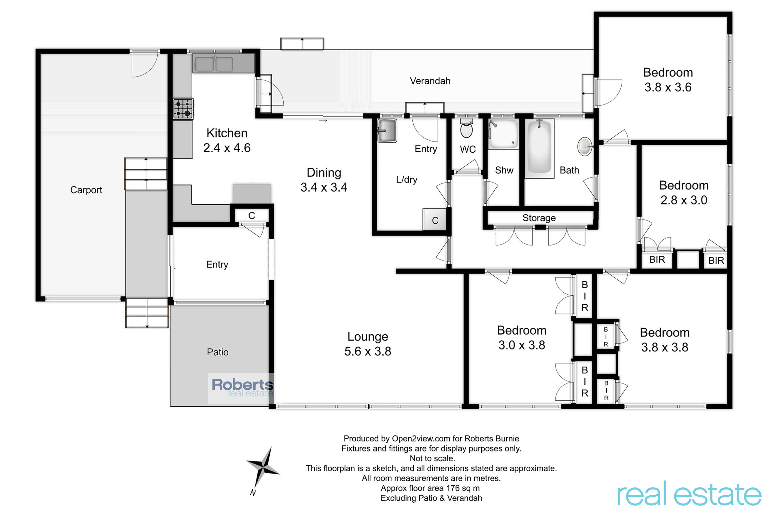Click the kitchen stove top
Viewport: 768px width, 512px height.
(x=183, y=109)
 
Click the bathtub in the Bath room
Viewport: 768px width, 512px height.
(x=539, y=147)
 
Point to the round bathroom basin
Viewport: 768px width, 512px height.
(x=584, y=147)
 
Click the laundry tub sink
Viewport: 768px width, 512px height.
(x=387, y=131)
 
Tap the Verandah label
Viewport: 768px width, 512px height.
(x=430, y=81)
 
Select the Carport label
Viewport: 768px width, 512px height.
(x=86, y=190)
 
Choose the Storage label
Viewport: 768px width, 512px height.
(x=539, y=218)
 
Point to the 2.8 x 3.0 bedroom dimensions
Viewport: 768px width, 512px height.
(x=684, y=200)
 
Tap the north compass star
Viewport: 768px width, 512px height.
(x=263, y=468)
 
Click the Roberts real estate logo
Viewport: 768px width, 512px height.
(x=242, y=388)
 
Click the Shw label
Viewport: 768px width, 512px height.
(x=504, y=170)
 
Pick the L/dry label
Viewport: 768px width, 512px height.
(x=407, y=180)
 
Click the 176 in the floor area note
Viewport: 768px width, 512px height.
(x=453, y=488)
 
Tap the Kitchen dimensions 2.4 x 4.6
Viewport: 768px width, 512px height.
(x=227, y=148)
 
